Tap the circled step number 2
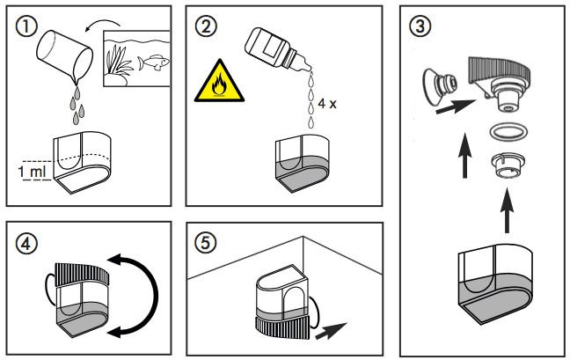208,27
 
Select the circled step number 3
420,27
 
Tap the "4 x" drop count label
327,103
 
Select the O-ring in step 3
503,132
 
